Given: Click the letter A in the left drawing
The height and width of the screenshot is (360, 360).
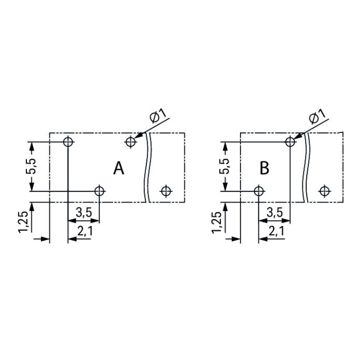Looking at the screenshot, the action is point(119,168).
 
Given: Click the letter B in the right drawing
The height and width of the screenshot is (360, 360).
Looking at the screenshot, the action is point(264,168).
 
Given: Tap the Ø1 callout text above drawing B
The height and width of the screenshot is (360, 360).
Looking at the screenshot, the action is point(317,116).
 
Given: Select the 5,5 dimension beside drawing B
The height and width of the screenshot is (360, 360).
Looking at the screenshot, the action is point(225,166).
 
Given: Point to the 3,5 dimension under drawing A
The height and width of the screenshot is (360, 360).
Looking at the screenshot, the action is point(84,213).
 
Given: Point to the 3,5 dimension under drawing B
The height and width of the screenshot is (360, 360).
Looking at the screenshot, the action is point(275,213).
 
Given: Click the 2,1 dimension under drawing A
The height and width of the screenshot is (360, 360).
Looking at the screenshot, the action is point(84,231).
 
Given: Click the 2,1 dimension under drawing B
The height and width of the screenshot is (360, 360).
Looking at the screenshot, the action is point(276,231).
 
